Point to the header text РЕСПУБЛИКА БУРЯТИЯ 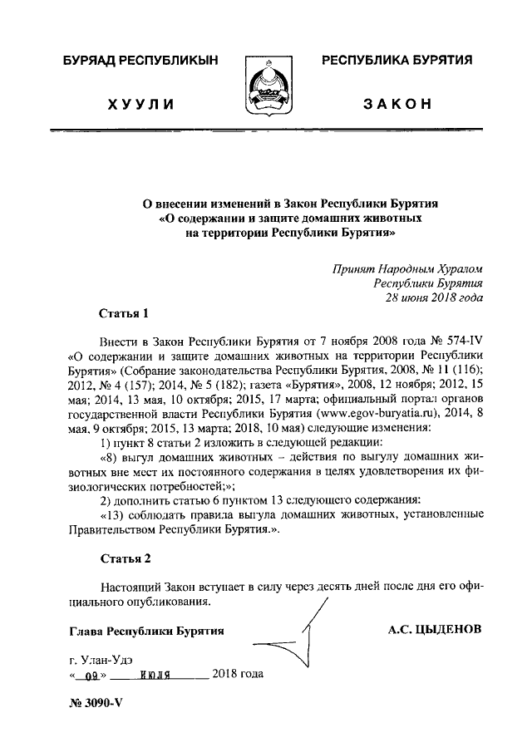click(x=397, y=61)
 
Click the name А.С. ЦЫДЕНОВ click(x=435, y=629)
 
